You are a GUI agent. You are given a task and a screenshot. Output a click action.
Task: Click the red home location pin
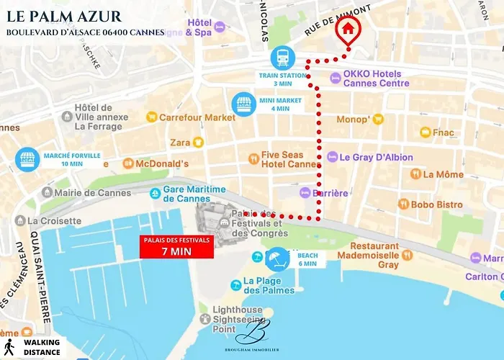[348, 30]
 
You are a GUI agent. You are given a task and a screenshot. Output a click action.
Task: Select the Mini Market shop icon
[242, 102]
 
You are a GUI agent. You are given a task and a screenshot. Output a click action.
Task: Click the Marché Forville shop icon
[27, 158]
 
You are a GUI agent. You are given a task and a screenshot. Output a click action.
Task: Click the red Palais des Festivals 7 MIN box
[176, 247]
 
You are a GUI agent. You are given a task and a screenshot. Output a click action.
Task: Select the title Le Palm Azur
[63, 16]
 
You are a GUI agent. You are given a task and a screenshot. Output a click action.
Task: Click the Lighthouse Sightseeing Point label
[235, 319]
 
